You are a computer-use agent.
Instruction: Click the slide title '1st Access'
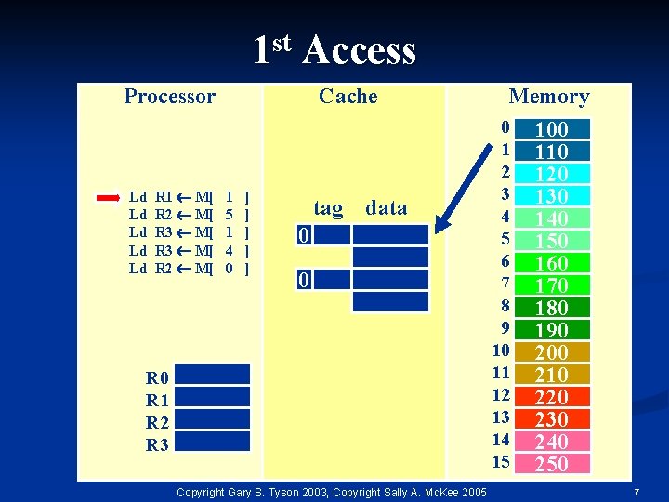tap(334, 49)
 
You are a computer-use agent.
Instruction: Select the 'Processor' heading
tap(169, 96)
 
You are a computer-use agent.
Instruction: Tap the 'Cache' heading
tap(348, 96)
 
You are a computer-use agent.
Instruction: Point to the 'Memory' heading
tap(548, 97)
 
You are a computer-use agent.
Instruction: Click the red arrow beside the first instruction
tap(108, 197)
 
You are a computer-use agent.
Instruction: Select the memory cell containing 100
tap(552, 129)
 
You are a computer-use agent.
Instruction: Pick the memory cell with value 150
tap(552, 241)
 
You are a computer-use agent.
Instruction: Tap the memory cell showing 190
tap(552, 330)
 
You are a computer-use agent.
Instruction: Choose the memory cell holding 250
tap(552, 464)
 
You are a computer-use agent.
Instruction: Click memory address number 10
tap(501, 350)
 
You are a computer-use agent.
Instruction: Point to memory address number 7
tap(505, 284)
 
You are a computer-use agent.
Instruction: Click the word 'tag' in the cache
tap(328, 208)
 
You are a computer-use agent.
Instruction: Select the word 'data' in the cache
tap(387, 208)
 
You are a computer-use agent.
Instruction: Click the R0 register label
tap(157, 377)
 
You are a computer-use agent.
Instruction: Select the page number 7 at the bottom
tap(636, 493)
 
